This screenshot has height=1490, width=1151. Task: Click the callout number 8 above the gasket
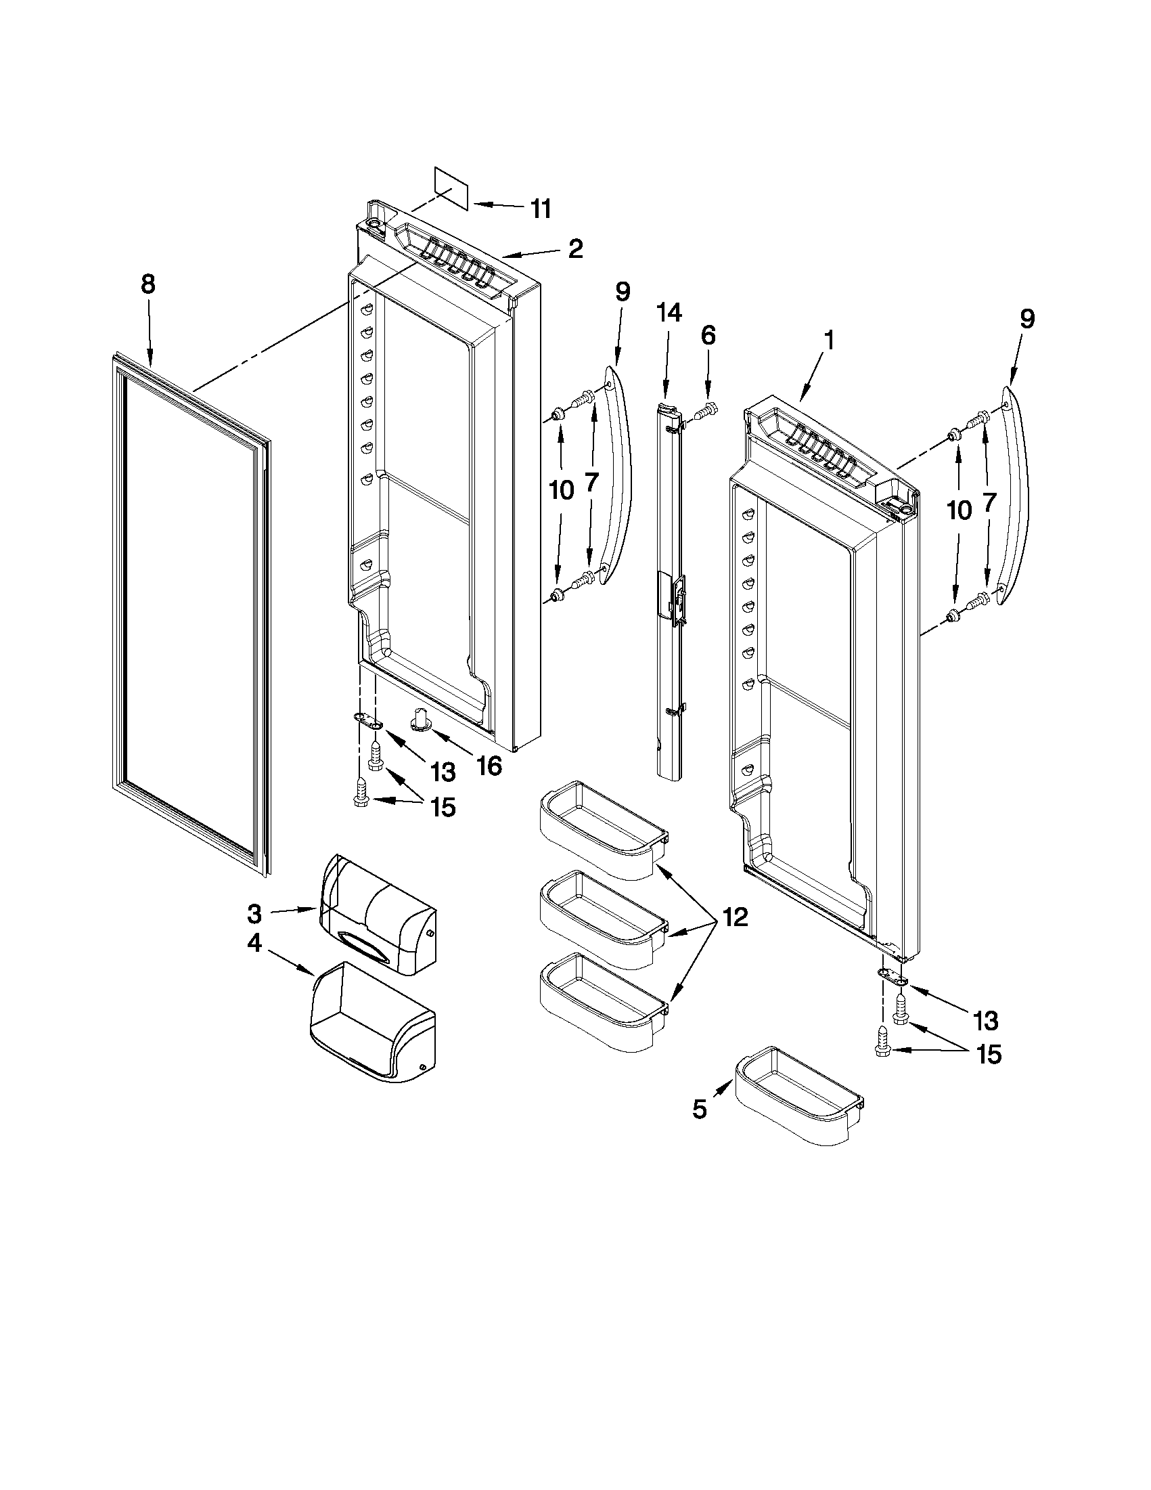click(x=148, y=284)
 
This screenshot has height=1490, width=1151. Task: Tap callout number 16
click(x=489, y=766)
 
